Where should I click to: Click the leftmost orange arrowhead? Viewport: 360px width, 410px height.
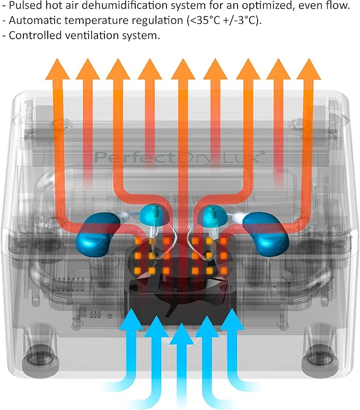click(x=57, y=69)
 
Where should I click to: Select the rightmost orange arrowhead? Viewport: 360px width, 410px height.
click(x=309, y=69)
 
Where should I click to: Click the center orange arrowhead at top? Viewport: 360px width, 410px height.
click(x=183, y=69)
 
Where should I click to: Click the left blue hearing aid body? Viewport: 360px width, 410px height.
click(x=97, y=234)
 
